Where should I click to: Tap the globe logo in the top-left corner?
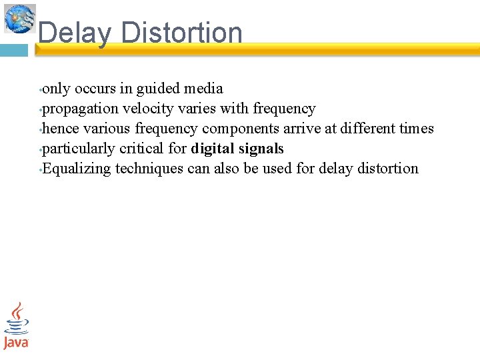pos(20,18)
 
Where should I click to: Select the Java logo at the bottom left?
pos(16,325)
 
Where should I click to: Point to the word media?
pos(203,89)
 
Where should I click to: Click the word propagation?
pos(81,109)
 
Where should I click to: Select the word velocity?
pos(146,109)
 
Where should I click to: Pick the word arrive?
pos(303,129)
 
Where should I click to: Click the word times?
pos(415,129)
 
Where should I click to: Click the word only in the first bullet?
pos(56,89)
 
